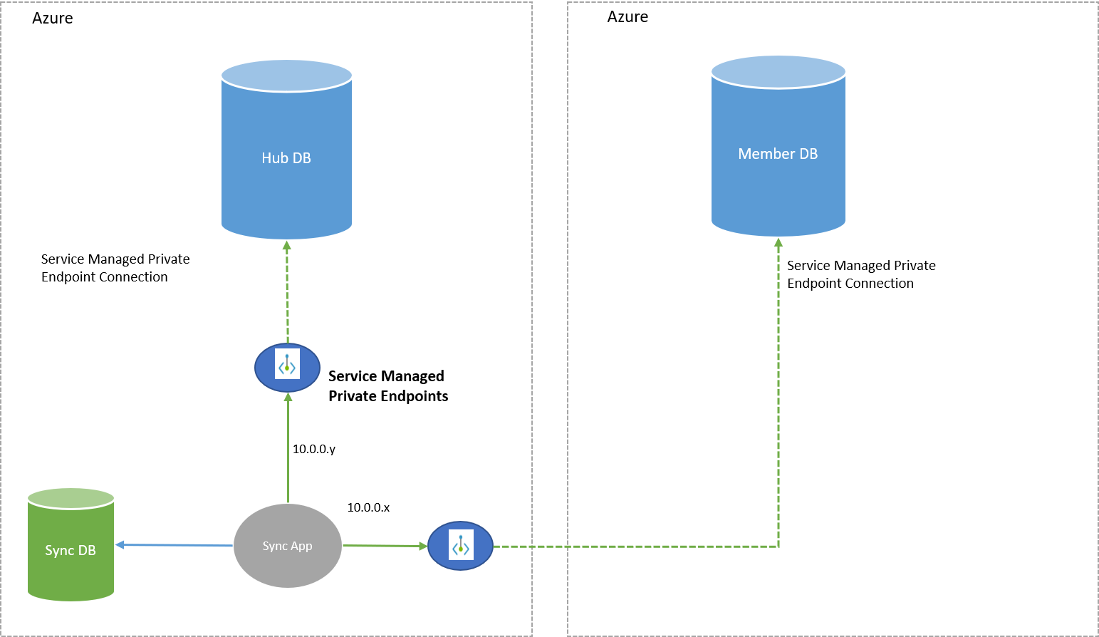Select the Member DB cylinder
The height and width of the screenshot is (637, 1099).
point(778,154)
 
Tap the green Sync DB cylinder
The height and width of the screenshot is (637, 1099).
point(71,550)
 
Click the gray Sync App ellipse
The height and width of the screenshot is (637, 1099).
point(287,546)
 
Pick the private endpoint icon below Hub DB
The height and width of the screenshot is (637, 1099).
point(287,368)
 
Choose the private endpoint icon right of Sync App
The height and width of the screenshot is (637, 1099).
point(460,546)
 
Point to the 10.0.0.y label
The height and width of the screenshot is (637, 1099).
point(313,449)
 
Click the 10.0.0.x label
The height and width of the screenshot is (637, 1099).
point(368,507)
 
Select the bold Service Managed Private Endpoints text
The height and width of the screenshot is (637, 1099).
point(387,385)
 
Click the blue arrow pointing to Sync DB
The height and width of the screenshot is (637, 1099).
point(175,545)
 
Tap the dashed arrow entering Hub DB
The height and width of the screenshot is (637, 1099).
point(287,292)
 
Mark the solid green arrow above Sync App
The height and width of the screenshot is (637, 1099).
point(288,449)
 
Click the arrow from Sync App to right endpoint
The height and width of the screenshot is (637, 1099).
point(385,546)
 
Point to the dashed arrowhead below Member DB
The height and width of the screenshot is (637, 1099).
point(778,244)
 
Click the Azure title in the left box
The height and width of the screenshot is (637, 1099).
point(52,19)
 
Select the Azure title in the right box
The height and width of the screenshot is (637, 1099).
point(627,17)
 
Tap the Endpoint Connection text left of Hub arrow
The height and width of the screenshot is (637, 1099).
point(105,277)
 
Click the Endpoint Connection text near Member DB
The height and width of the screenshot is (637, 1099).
point(850,284)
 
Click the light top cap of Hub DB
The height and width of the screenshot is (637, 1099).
point(286,76)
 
